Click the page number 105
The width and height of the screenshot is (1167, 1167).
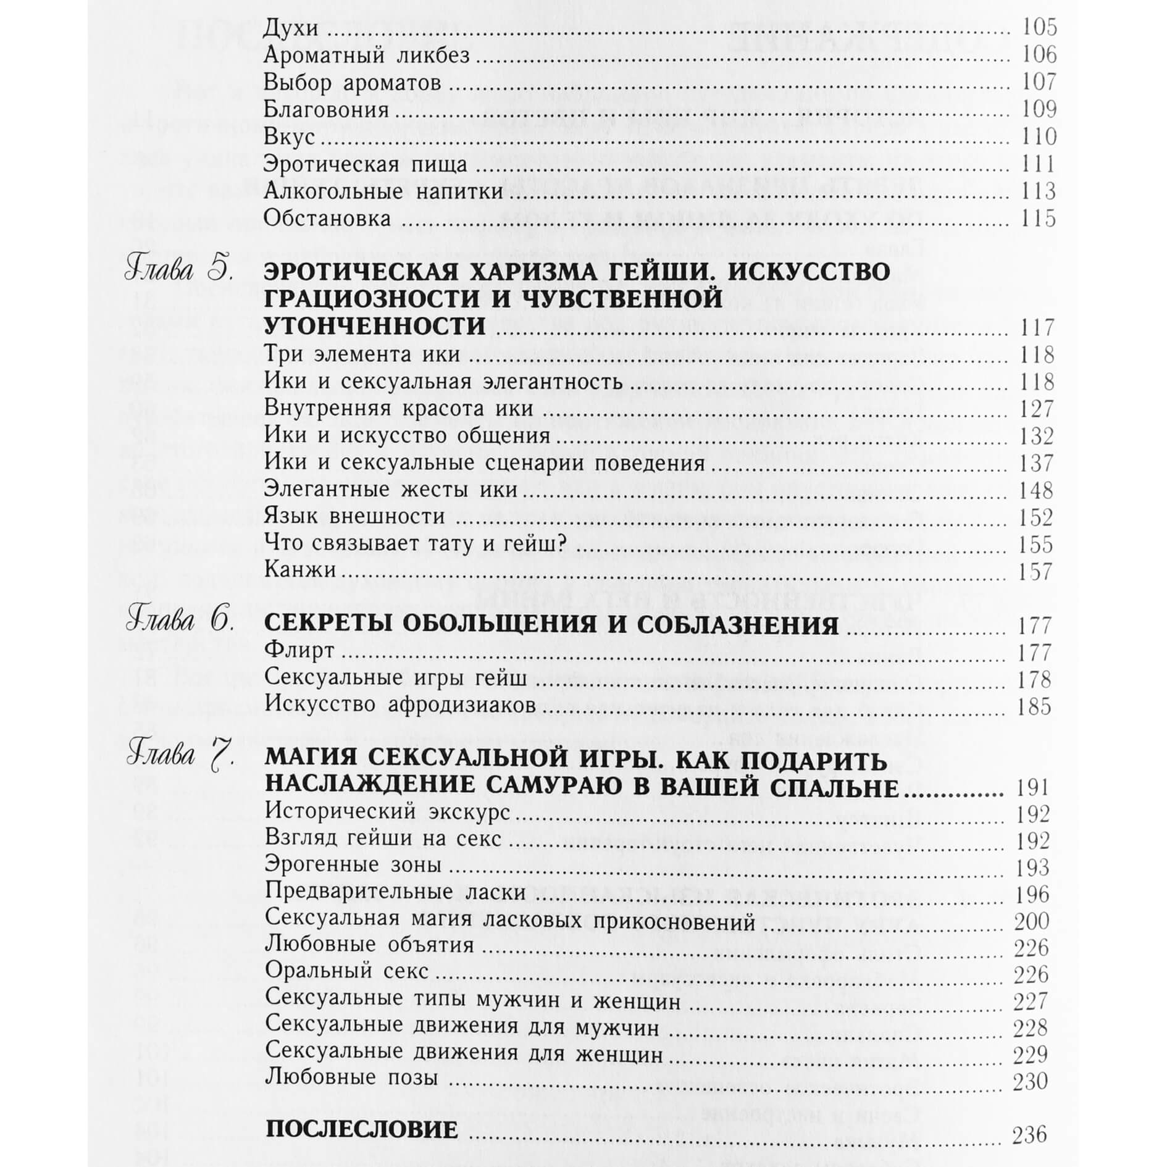pos(1040,28)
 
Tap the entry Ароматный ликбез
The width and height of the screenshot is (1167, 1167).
pos(367,56)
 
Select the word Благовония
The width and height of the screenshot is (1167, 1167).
pos(327,110)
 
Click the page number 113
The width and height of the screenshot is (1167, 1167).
pos(1040,191)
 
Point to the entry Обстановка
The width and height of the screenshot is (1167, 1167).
pos(327,219)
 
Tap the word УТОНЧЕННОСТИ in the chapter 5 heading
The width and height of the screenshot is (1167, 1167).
pos(375,327)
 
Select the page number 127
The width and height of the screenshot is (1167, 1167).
pos(1037,409)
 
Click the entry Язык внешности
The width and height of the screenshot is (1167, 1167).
pos(354,516)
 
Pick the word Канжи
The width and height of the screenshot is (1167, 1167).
pos(300,569)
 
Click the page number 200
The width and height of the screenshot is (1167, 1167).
pos(1032,922)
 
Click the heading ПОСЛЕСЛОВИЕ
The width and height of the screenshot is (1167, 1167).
pos(362,1131)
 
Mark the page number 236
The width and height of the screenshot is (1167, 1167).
pos(1030,1135)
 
